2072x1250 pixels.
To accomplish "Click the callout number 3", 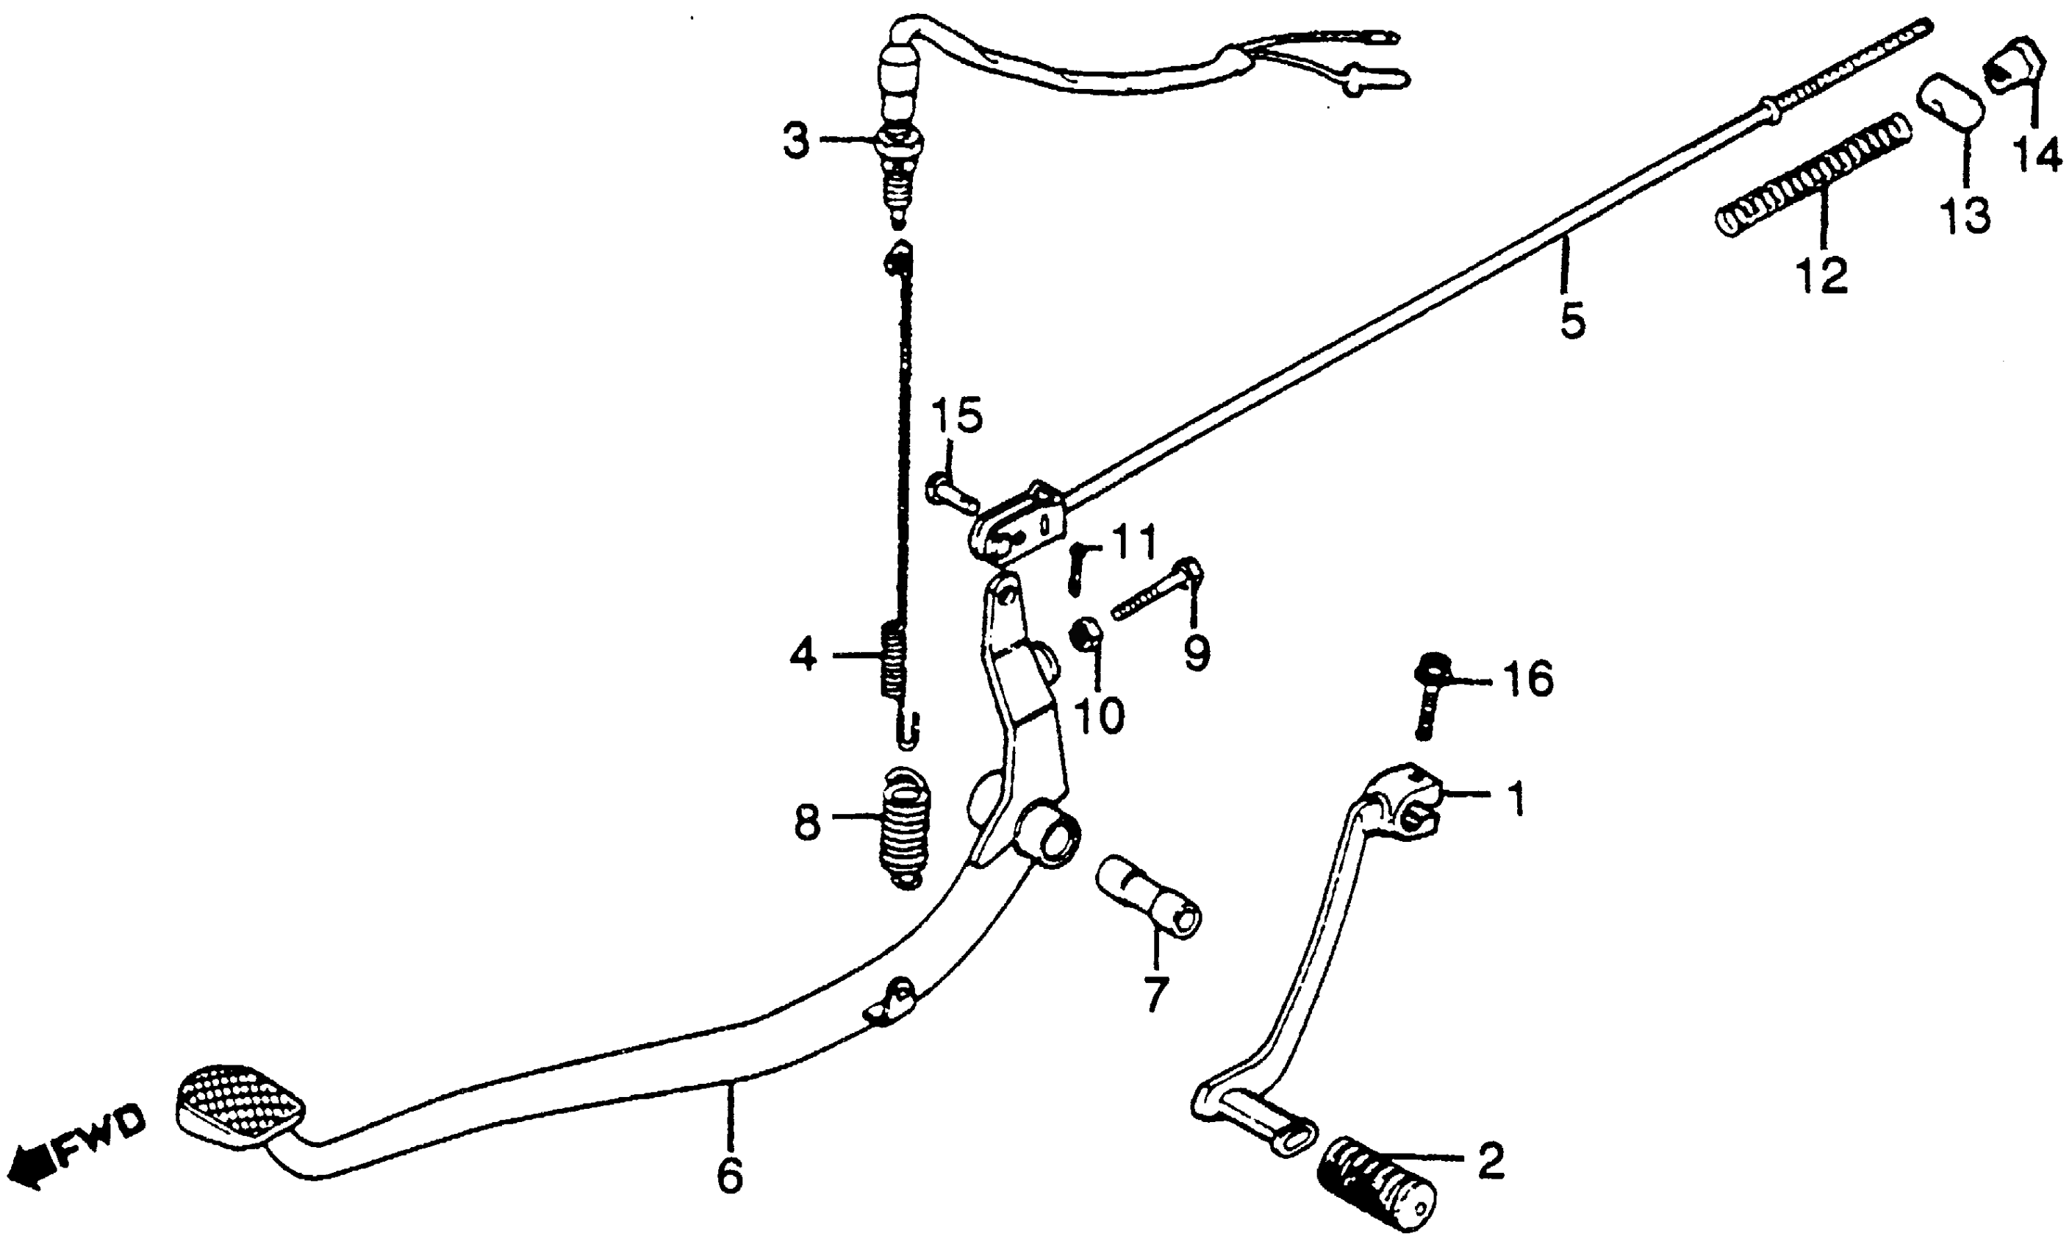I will pos(795,141).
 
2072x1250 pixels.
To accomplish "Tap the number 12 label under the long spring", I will pos(1821,274).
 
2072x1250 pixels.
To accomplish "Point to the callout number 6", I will pos(729,1175).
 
